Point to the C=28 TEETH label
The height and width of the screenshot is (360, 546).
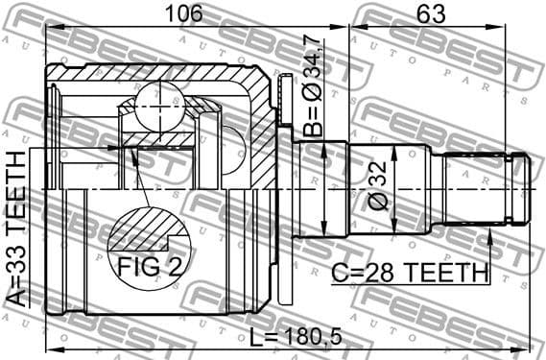pyautogui.click(x=410, y=273)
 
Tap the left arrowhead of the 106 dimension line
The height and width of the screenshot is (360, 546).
pyautogui.click(x=50, y=27)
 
